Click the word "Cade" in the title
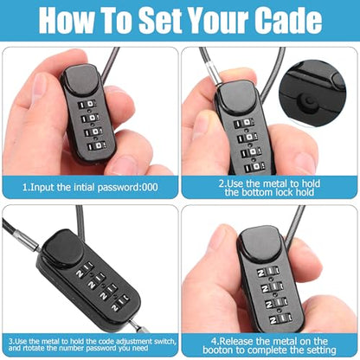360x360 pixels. (288, 20)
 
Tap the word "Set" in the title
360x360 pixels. (160, 20)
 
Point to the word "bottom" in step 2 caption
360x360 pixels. (254, 192)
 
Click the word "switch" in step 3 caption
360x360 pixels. (164, 341)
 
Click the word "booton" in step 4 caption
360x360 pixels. (218, 350)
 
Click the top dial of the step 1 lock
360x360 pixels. (87, 104)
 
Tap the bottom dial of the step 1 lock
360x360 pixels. (96, 145)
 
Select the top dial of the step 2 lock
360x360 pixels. (244, 124)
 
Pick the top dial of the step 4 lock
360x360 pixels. (268, 272)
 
